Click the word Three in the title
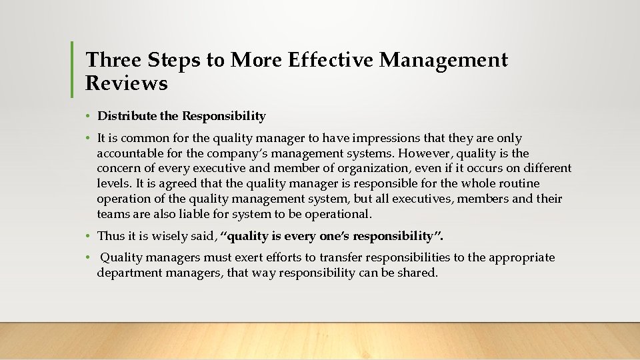pyautogui.click(x=112, y=61)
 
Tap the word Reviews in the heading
pyautogui.click(x=127, y=83)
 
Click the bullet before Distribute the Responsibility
pyautogui.click(x=88, y=117)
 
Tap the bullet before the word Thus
pyautogui.click(x=88, y=236)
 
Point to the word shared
pyautogui.click(x=417, y=273)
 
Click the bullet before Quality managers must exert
pyautogui.click(x=88, y=258)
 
